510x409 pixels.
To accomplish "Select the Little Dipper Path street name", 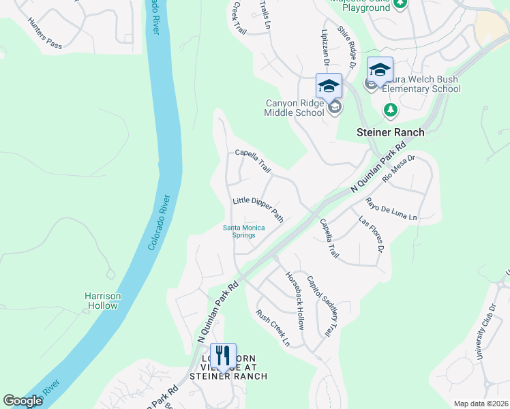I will [x=258, y=209].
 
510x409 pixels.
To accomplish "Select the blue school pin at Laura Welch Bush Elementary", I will [x=380, y=70].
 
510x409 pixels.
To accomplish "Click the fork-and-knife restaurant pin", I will [x=223, y=356].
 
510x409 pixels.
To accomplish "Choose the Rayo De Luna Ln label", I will [x=391, y=209].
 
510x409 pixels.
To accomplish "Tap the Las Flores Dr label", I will [x=372, y=233].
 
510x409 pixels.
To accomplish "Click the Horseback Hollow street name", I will [x=295, y=300].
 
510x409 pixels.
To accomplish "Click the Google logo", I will [x=23, y=402].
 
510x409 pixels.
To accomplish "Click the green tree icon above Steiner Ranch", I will [x=390, y=109].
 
